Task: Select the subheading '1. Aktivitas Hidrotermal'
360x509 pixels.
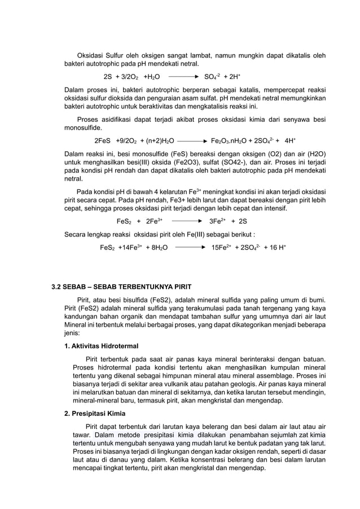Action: tap(102, 345)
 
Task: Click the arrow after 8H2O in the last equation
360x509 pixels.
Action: tap(190, 247)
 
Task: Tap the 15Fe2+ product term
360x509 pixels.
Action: tap(221, 247)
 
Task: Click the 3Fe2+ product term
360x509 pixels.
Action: tap(218, 222)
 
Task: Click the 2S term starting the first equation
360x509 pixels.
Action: tap(108, 76)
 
